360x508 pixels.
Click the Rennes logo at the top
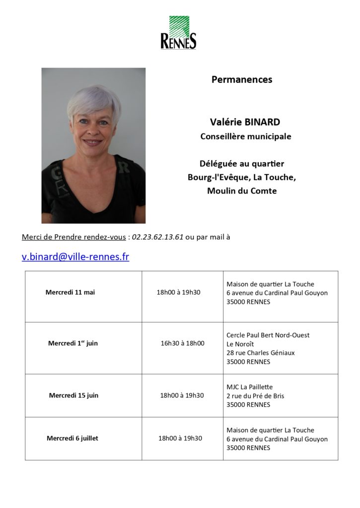pyautogui.click(x=178, y=33)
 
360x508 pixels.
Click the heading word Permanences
pyautogui.click(x=242, y=79)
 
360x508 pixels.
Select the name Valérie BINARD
pyautogui.click(x=245, y=122)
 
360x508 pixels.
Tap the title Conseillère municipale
pyautogui.click(x=245, y=136)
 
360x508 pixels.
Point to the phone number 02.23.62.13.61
pyautogui.click(x=158, y=237)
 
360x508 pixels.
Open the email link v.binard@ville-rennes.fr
pyautogui.click(x=75, y=257)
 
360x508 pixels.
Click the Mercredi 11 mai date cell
pyautogui.click(x=70, y=292)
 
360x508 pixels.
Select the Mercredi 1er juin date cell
pyautogui.click(x=73, y=343)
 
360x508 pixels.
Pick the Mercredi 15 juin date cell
pyautogui.click(x=73, y=395)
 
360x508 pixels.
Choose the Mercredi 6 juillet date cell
pyautogui.click(x=72, y=438)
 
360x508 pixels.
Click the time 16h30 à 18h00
pyautogui.click(x=182, y=343)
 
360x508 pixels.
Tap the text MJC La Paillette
pyautogui.click(x=249, y=387)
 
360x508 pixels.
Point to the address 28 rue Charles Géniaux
pyautogui.click(x=260, y=353)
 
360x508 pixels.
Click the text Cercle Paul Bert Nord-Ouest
pyautogui.click(x=268, y=335)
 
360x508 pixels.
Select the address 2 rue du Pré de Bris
pyautogui.click(x=255, y=396)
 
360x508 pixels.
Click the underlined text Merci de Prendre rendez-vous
pyautogui.click(x=73, y=237)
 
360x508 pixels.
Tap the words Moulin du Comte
pyautogui.click(x=242, y=191)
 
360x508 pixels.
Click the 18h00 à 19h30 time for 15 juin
pyautogui.click(x=182, y=395)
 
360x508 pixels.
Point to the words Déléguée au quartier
pyautogui.click(x=242, y=164)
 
